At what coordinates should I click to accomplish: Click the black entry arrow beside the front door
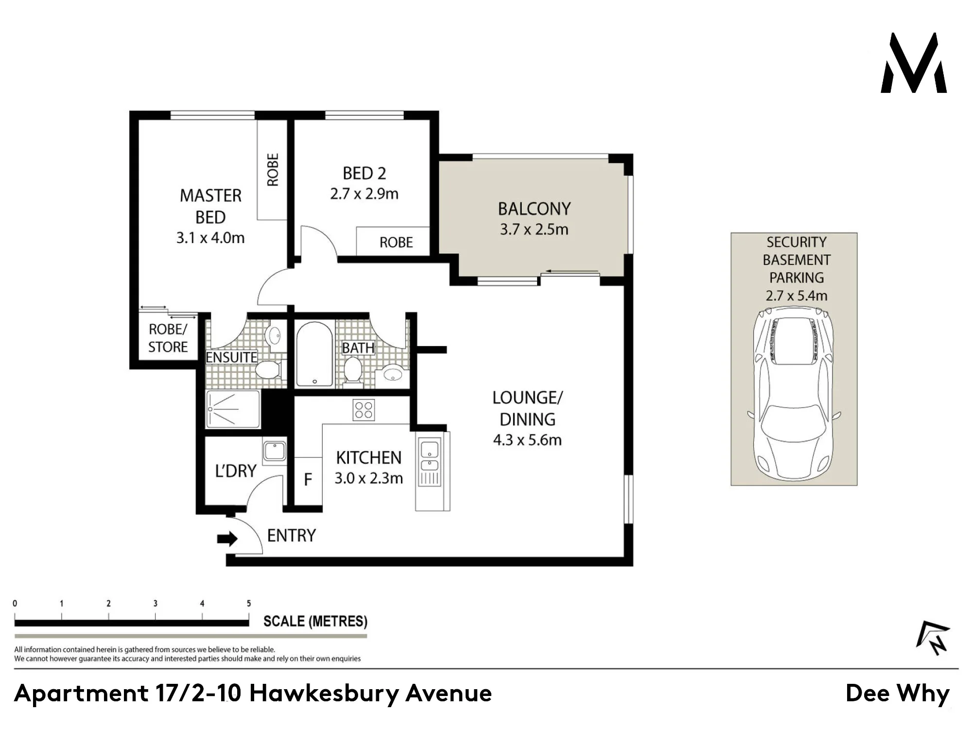(x=227, y=539)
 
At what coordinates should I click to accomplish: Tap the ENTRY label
(x=292, y=536)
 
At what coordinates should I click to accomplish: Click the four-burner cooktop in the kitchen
(x=364, y=409)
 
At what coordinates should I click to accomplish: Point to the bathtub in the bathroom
(x=314, y=354)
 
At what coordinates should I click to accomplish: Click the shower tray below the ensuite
(x=233, y=409)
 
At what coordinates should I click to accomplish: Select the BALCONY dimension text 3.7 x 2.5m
(x=534, y=229)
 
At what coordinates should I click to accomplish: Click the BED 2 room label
(x=364, y=174)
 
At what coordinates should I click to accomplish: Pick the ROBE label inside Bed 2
(x=396, y=243)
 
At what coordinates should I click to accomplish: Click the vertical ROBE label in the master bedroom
(x=273, y=170)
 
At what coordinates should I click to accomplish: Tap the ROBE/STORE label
(x=168, y=338)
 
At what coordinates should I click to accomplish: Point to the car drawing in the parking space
(x=794, y=394)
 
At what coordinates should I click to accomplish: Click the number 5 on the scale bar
(x=249, y=603)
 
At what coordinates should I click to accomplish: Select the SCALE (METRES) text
(x=315, y=622)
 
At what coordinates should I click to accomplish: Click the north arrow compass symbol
(x=933, y=638)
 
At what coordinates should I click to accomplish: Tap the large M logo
(x=914, y=63)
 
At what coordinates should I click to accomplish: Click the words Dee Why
(x=898, y=694)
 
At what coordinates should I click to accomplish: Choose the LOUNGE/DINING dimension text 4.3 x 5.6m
(x=527, y=440)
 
